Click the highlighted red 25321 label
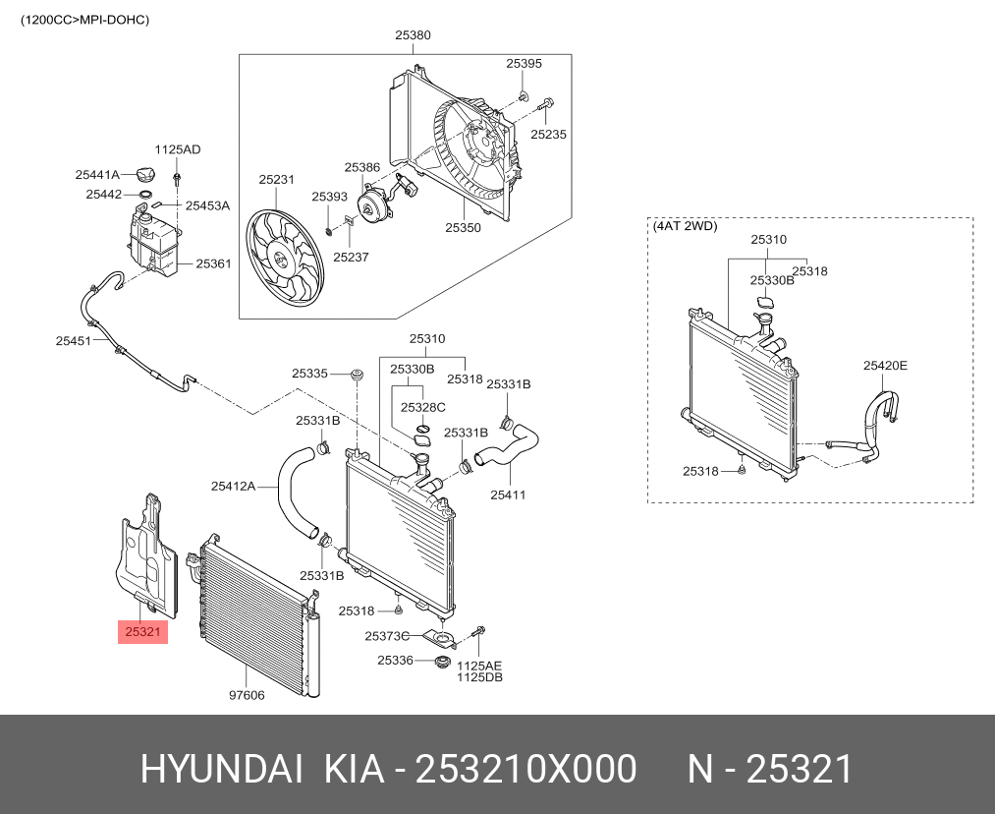(x=142, y=631)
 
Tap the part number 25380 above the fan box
(x=413, y=35)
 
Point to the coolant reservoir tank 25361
(x=151, y=242)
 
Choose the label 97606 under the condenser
(x=247, y=695)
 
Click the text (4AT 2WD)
(x=685, y=226)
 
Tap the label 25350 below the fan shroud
(x=463, y=227)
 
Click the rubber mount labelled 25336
(x=442, y=660)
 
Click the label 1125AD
(x=178, y=149)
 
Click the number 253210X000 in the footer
(x=526, y=770)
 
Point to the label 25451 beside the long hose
(x=73, y=341)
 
